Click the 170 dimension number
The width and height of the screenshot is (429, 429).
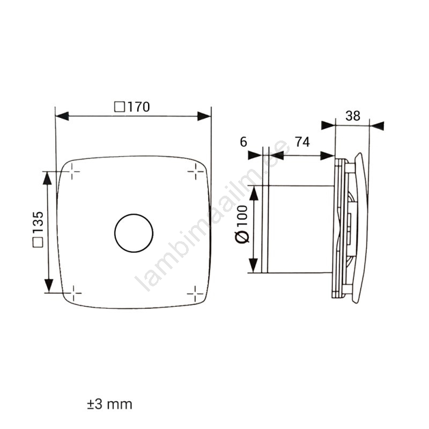tap(139, 107)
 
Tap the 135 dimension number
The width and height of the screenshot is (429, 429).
tap(38, 222)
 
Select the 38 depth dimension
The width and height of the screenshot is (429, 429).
tap(353, 116)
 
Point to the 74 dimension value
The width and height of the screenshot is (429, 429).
tap(302, 142)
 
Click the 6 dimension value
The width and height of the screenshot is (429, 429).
tap(243, 142)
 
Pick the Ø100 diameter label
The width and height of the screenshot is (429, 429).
tap(242, 224)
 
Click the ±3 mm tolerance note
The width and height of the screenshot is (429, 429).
tap(110, 404)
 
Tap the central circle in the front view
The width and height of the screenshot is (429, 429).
tap(134, 214)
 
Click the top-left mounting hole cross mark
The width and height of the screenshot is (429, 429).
tap(72, 172)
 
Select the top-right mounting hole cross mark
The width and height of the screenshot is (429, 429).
tap(196, 172)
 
